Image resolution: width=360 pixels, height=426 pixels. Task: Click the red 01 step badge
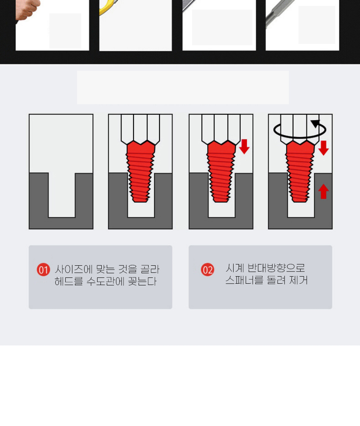point(44,269)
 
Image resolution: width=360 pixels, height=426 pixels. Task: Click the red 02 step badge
point(208,269)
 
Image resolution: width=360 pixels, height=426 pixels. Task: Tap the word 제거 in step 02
point(298,280)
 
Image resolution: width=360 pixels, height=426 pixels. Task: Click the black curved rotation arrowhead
point(316,123)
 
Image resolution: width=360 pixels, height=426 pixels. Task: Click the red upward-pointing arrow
point(323,191)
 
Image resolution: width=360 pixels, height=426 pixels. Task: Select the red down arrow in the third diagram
point(244,147)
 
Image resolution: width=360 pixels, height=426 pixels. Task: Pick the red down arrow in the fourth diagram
point(323,148)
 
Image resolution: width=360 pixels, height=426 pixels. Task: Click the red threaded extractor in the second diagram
point(141,172)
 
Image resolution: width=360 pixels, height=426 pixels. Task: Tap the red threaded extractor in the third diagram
point(221,172)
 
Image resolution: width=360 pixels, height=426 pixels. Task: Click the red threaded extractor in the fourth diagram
point(300,172)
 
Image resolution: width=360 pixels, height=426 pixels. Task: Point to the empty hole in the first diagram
point(62,195)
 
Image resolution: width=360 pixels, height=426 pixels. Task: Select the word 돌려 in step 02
point(276,280)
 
